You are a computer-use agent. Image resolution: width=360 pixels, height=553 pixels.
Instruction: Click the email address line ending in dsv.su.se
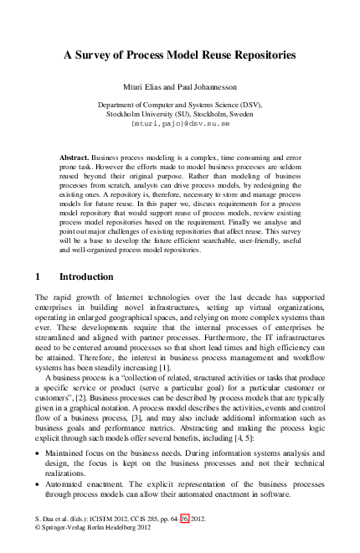coord(180,123)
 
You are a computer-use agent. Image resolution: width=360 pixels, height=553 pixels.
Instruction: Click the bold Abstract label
coord(76,157)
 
